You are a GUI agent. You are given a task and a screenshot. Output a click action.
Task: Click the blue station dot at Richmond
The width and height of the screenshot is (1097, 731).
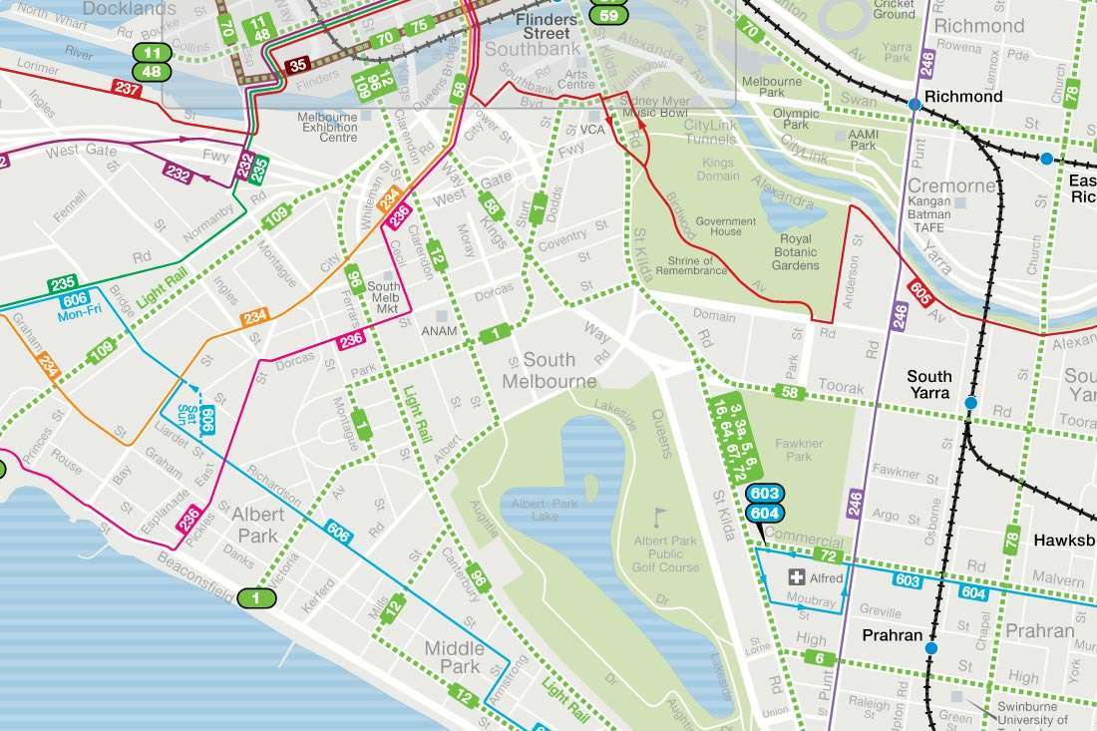(x=914, y=104)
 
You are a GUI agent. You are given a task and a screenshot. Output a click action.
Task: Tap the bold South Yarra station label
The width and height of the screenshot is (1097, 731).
(x=928, y=385)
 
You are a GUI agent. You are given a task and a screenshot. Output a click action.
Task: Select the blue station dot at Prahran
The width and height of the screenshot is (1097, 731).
(x=930, y=648)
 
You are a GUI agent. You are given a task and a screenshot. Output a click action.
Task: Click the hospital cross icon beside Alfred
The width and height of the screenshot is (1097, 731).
(x=797, y=577)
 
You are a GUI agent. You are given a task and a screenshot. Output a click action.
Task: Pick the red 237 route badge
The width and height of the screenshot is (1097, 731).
(x=127, y=89)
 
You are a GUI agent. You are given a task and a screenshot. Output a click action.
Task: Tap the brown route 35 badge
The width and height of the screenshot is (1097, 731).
(x=296, y=67)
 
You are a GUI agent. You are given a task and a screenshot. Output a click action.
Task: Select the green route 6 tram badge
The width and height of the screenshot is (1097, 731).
(x=819, y=657)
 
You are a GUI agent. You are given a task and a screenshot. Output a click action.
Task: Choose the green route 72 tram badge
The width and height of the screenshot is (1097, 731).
(x=826, y=554)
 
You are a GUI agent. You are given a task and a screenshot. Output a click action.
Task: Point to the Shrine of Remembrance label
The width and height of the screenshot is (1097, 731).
(x=697, y=266)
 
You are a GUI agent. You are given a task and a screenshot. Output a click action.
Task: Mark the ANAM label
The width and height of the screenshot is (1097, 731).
(x=439, y=331)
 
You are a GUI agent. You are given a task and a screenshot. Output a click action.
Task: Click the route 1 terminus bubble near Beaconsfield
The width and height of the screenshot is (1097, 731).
(x=256, y=598)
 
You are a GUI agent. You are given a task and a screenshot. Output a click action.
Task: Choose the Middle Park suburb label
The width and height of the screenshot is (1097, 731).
(x=454, y=657)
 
